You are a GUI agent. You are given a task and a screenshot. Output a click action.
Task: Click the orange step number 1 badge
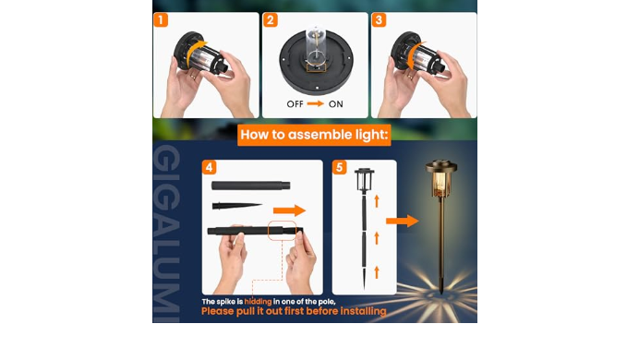tap(161, 20)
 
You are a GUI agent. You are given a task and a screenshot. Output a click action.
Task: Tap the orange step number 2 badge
tap(271, 20)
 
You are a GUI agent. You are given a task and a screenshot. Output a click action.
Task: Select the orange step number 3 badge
tap(380, 20)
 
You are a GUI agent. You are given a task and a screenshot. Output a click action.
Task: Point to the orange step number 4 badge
tap(209, 167)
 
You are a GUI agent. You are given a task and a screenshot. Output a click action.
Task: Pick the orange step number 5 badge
tap(340, 167)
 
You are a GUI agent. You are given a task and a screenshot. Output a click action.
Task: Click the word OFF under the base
tap(295, 104)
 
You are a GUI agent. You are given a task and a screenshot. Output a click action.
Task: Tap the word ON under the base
tap(336, 104)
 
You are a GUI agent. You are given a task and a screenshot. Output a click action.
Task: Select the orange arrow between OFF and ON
tap(316, 104)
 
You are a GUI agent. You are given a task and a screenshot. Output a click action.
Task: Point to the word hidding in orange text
tap(258, 302)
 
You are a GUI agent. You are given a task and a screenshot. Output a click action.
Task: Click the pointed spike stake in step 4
tap(237, 206)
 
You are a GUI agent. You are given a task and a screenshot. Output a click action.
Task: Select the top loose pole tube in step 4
tap(251, 186)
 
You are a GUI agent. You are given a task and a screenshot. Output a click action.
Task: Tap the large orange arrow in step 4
tap(290, 210)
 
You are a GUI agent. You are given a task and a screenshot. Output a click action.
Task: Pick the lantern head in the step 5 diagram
tap(364, 179)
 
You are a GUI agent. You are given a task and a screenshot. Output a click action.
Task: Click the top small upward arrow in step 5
tap(377, 201)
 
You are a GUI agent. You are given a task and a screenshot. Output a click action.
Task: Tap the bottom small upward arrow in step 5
tap(377, 272)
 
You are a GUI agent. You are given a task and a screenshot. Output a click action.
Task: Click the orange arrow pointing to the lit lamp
tap(403, 221)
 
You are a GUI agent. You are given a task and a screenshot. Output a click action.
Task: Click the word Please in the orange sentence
tap(218, 311)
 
